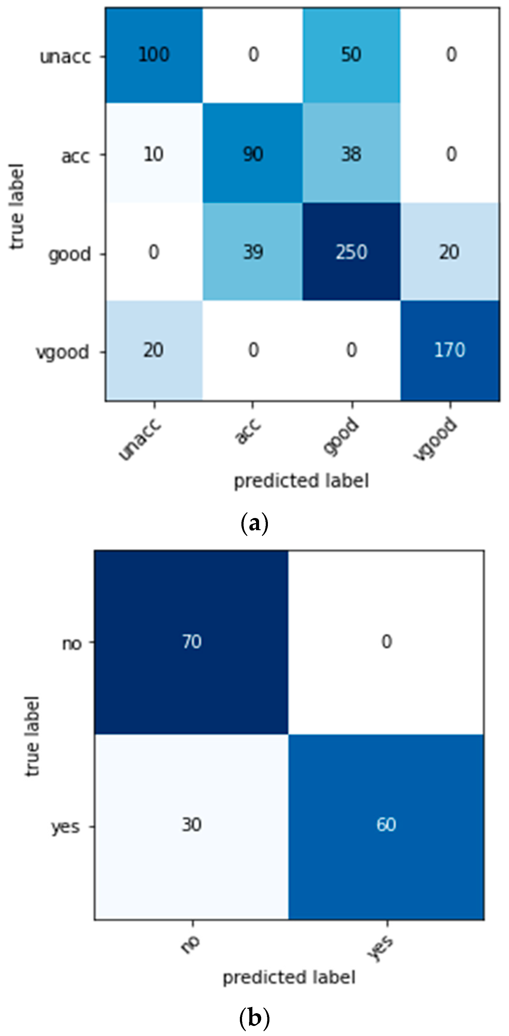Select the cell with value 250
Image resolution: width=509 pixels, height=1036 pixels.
(x=351, y=252)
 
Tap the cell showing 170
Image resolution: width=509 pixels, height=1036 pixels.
(x=450, y=350)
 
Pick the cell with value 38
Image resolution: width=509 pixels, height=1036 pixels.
(x=351, y=154)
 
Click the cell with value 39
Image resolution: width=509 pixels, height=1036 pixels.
(x=253, y=252)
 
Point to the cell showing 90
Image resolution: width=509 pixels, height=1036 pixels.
(x=253, y=154)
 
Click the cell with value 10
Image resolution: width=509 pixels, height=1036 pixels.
(x=154, y=154)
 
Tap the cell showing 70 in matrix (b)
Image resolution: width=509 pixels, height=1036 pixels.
(x=191, y=641)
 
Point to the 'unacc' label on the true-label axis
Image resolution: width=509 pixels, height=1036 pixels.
(x=65, y=57)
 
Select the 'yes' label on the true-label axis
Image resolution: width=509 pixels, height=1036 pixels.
(x=65, y=827)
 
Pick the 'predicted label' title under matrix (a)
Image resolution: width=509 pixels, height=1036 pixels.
(x=301, y=481)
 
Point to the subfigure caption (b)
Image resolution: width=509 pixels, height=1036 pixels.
(x=254, y=1017)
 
